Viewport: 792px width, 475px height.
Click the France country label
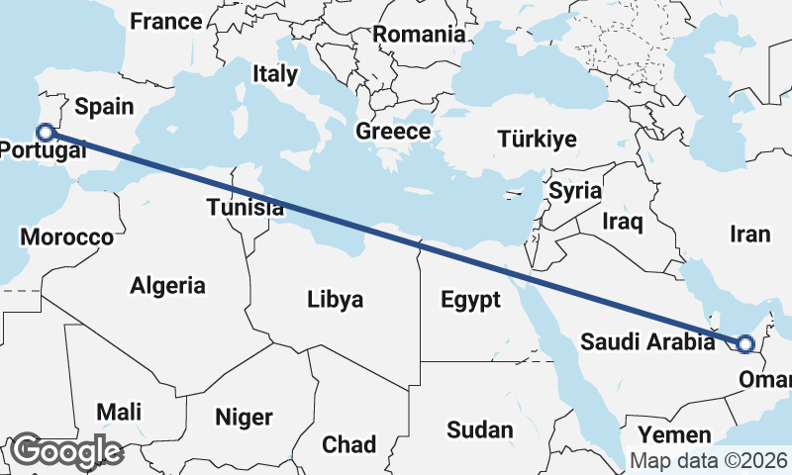pyautogui.click(x=166, y=21)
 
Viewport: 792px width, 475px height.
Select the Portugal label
pyautogui.click(x=42, y=150)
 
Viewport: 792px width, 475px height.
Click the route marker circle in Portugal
pyautogui.click(x=45, y=132)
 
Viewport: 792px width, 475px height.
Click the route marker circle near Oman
pyautogui.click(x=744, y=344)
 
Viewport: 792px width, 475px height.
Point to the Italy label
pyautogui.click(x=274, y=73)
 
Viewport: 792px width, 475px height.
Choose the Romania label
pyautogui.click(x=419, y=34)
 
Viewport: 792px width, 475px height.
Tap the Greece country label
pyautogui.click(x=393, y=132)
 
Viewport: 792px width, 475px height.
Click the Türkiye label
pyautogui.click(x=538, y=139)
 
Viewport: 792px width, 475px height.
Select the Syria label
pyautogui.click(x=576, y=190)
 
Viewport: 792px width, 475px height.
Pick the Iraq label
pyautogui.click(x=624, y=221)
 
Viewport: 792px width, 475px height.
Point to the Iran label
pyautogui.click(x=749, y=235)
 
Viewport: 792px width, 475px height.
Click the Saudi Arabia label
pyautogui.click(x=647, y=342)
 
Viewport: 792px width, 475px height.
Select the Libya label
pyautogui.click(x=335, y=299)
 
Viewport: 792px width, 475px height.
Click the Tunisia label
pyautogui.click(x=246, y=208)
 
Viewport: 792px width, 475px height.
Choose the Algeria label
pyautogui.click(x=168, y=286)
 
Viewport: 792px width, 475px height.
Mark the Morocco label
pyautogui.click(x=67, y=237)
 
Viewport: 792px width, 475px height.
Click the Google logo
pyautogui.click(x=67, y=451)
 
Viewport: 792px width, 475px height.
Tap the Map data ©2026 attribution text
pyautogui.click(x=709, y=461)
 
